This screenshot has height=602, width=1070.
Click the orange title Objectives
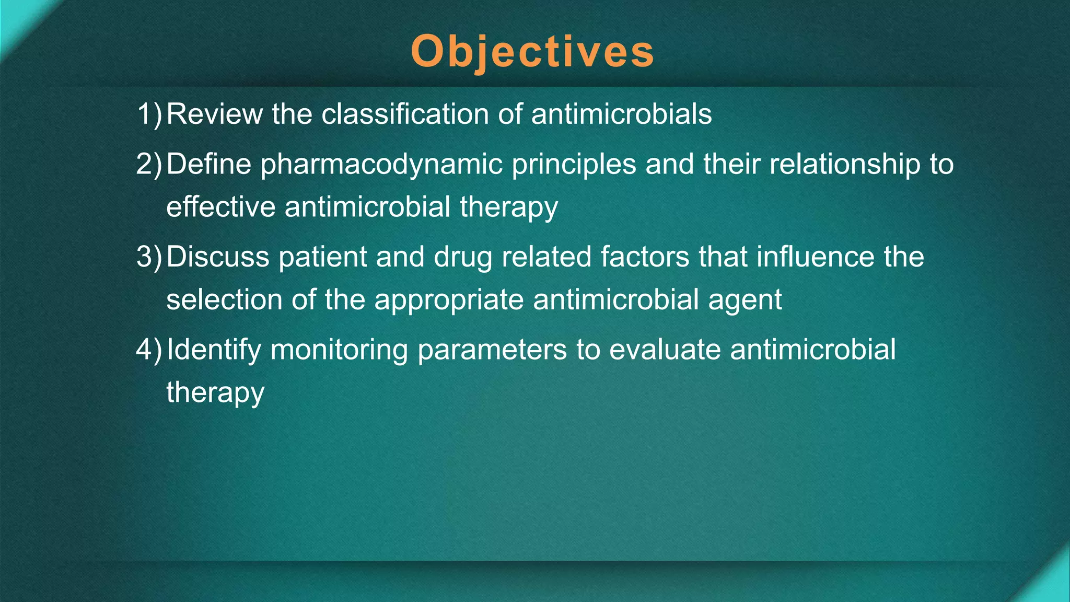coord(532,51)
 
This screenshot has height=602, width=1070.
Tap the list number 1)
coord(149,114)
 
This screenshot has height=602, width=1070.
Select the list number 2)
coord(149,164)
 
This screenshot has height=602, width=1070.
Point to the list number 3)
coord(149,257)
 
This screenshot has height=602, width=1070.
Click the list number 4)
coord(149,350)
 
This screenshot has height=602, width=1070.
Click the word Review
coord(214,114)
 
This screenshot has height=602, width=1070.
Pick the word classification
coord(405,114)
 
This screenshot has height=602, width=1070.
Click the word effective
coord(220,206)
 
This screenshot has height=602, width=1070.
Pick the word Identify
coord(214,350)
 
